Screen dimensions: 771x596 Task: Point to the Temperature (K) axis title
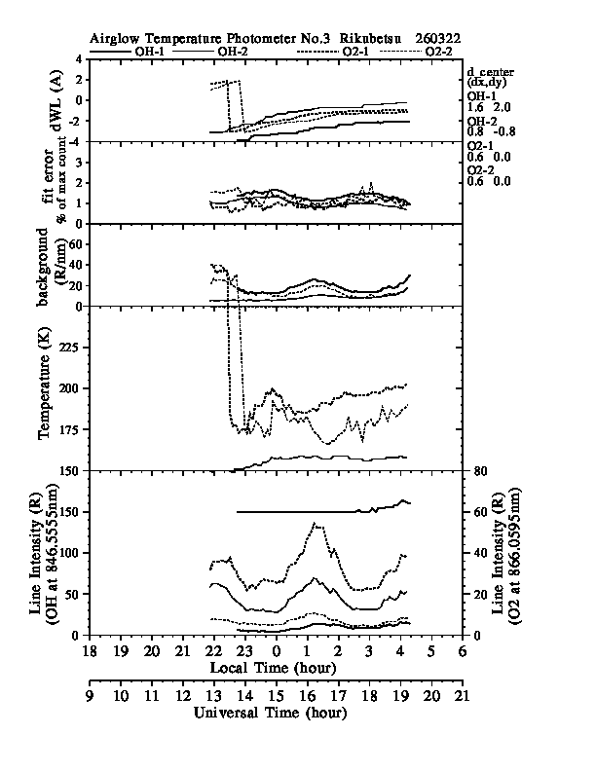44,388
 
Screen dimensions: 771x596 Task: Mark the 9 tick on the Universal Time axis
89,696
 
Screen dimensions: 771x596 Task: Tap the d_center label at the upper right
488,72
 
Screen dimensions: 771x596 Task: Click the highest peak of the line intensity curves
315,524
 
